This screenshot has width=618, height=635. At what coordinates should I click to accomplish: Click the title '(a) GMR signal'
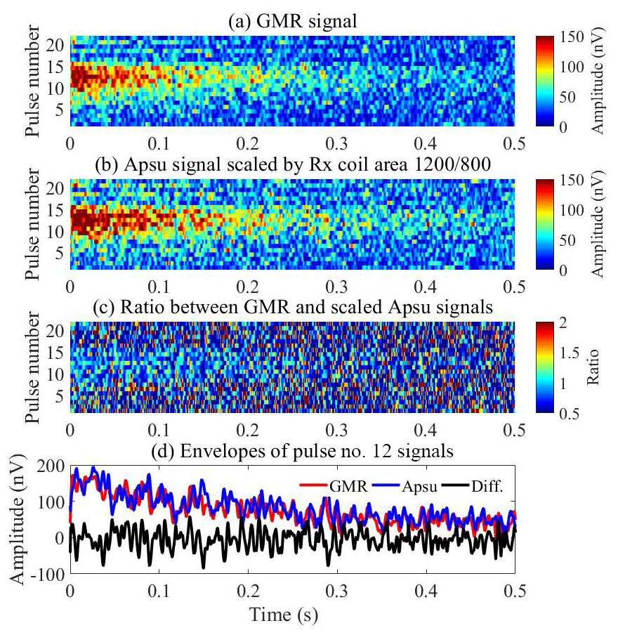click(294, 22)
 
